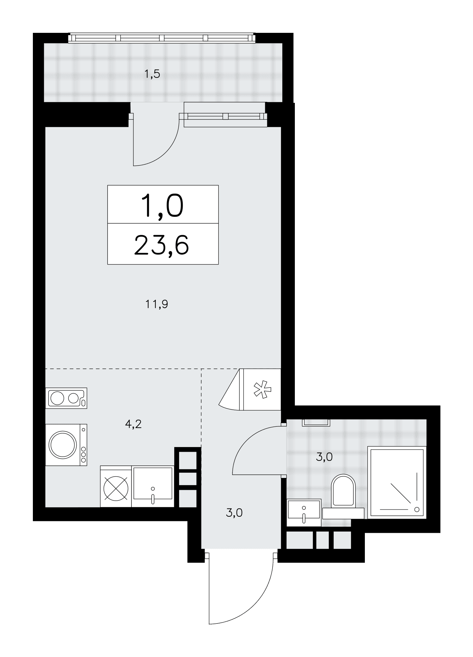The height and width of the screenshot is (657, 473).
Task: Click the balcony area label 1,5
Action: click(152, 74)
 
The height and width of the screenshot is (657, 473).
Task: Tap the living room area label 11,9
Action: click(157, 305)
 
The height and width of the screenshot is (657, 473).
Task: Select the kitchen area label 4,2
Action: click(133, 424)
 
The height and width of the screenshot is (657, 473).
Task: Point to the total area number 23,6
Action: click(161, 244)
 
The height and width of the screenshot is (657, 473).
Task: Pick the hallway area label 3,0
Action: click(234, 512)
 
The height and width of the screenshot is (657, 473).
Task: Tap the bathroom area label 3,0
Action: click(324, 457)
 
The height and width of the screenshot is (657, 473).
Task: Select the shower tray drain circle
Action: click(417, 510)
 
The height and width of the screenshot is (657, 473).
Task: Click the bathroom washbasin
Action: click(304, 513)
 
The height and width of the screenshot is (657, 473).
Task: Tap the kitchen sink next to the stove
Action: click(153, 487)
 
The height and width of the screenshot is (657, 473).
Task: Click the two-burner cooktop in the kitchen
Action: click(66, 398)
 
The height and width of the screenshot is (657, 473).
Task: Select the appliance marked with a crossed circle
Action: click(116, 487)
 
